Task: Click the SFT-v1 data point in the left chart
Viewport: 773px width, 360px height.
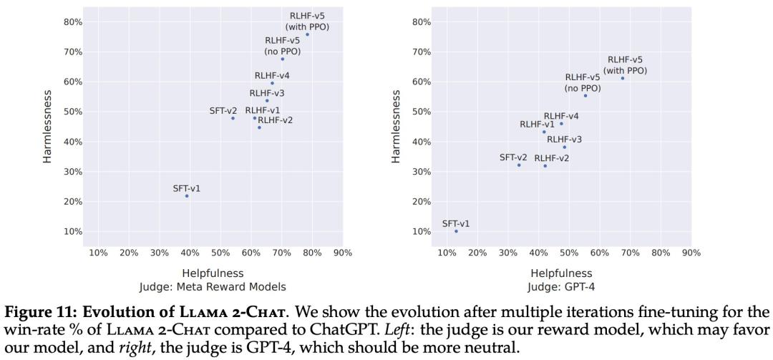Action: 187,196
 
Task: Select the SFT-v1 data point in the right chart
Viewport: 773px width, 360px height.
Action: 456,231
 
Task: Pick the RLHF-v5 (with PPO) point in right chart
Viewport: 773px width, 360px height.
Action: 623,78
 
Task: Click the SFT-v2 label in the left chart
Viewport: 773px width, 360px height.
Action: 223,111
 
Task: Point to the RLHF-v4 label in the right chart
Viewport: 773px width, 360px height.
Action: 561,116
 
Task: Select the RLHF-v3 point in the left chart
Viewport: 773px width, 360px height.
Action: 267,101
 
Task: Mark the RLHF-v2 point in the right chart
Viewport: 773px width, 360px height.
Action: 545,166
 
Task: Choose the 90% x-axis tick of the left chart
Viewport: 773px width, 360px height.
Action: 342,253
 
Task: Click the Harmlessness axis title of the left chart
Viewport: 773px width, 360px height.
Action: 48,126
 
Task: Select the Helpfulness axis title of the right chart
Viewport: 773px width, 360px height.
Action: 561,273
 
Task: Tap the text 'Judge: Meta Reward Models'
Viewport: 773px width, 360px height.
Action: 213,287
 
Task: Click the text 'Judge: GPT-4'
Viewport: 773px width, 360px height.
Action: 561,287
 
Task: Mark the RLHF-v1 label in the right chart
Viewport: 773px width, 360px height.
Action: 537,125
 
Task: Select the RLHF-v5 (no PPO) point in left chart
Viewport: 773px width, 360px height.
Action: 282,59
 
